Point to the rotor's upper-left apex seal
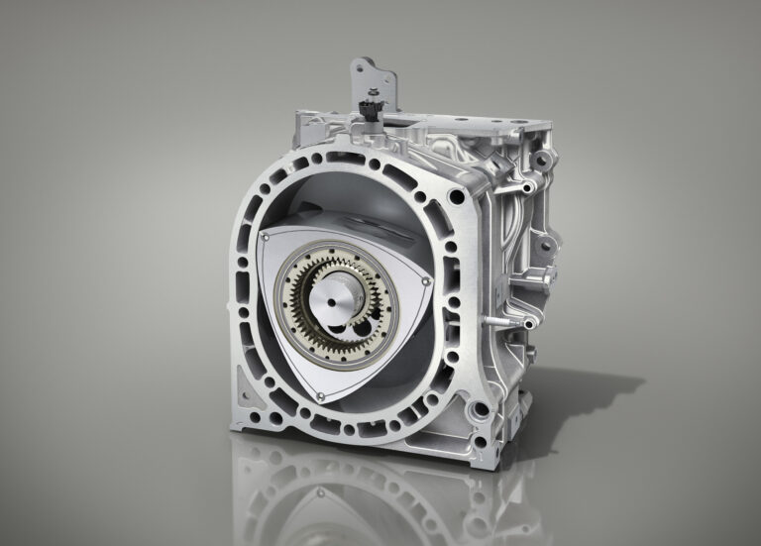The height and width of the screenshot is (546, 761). point(266,238)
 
